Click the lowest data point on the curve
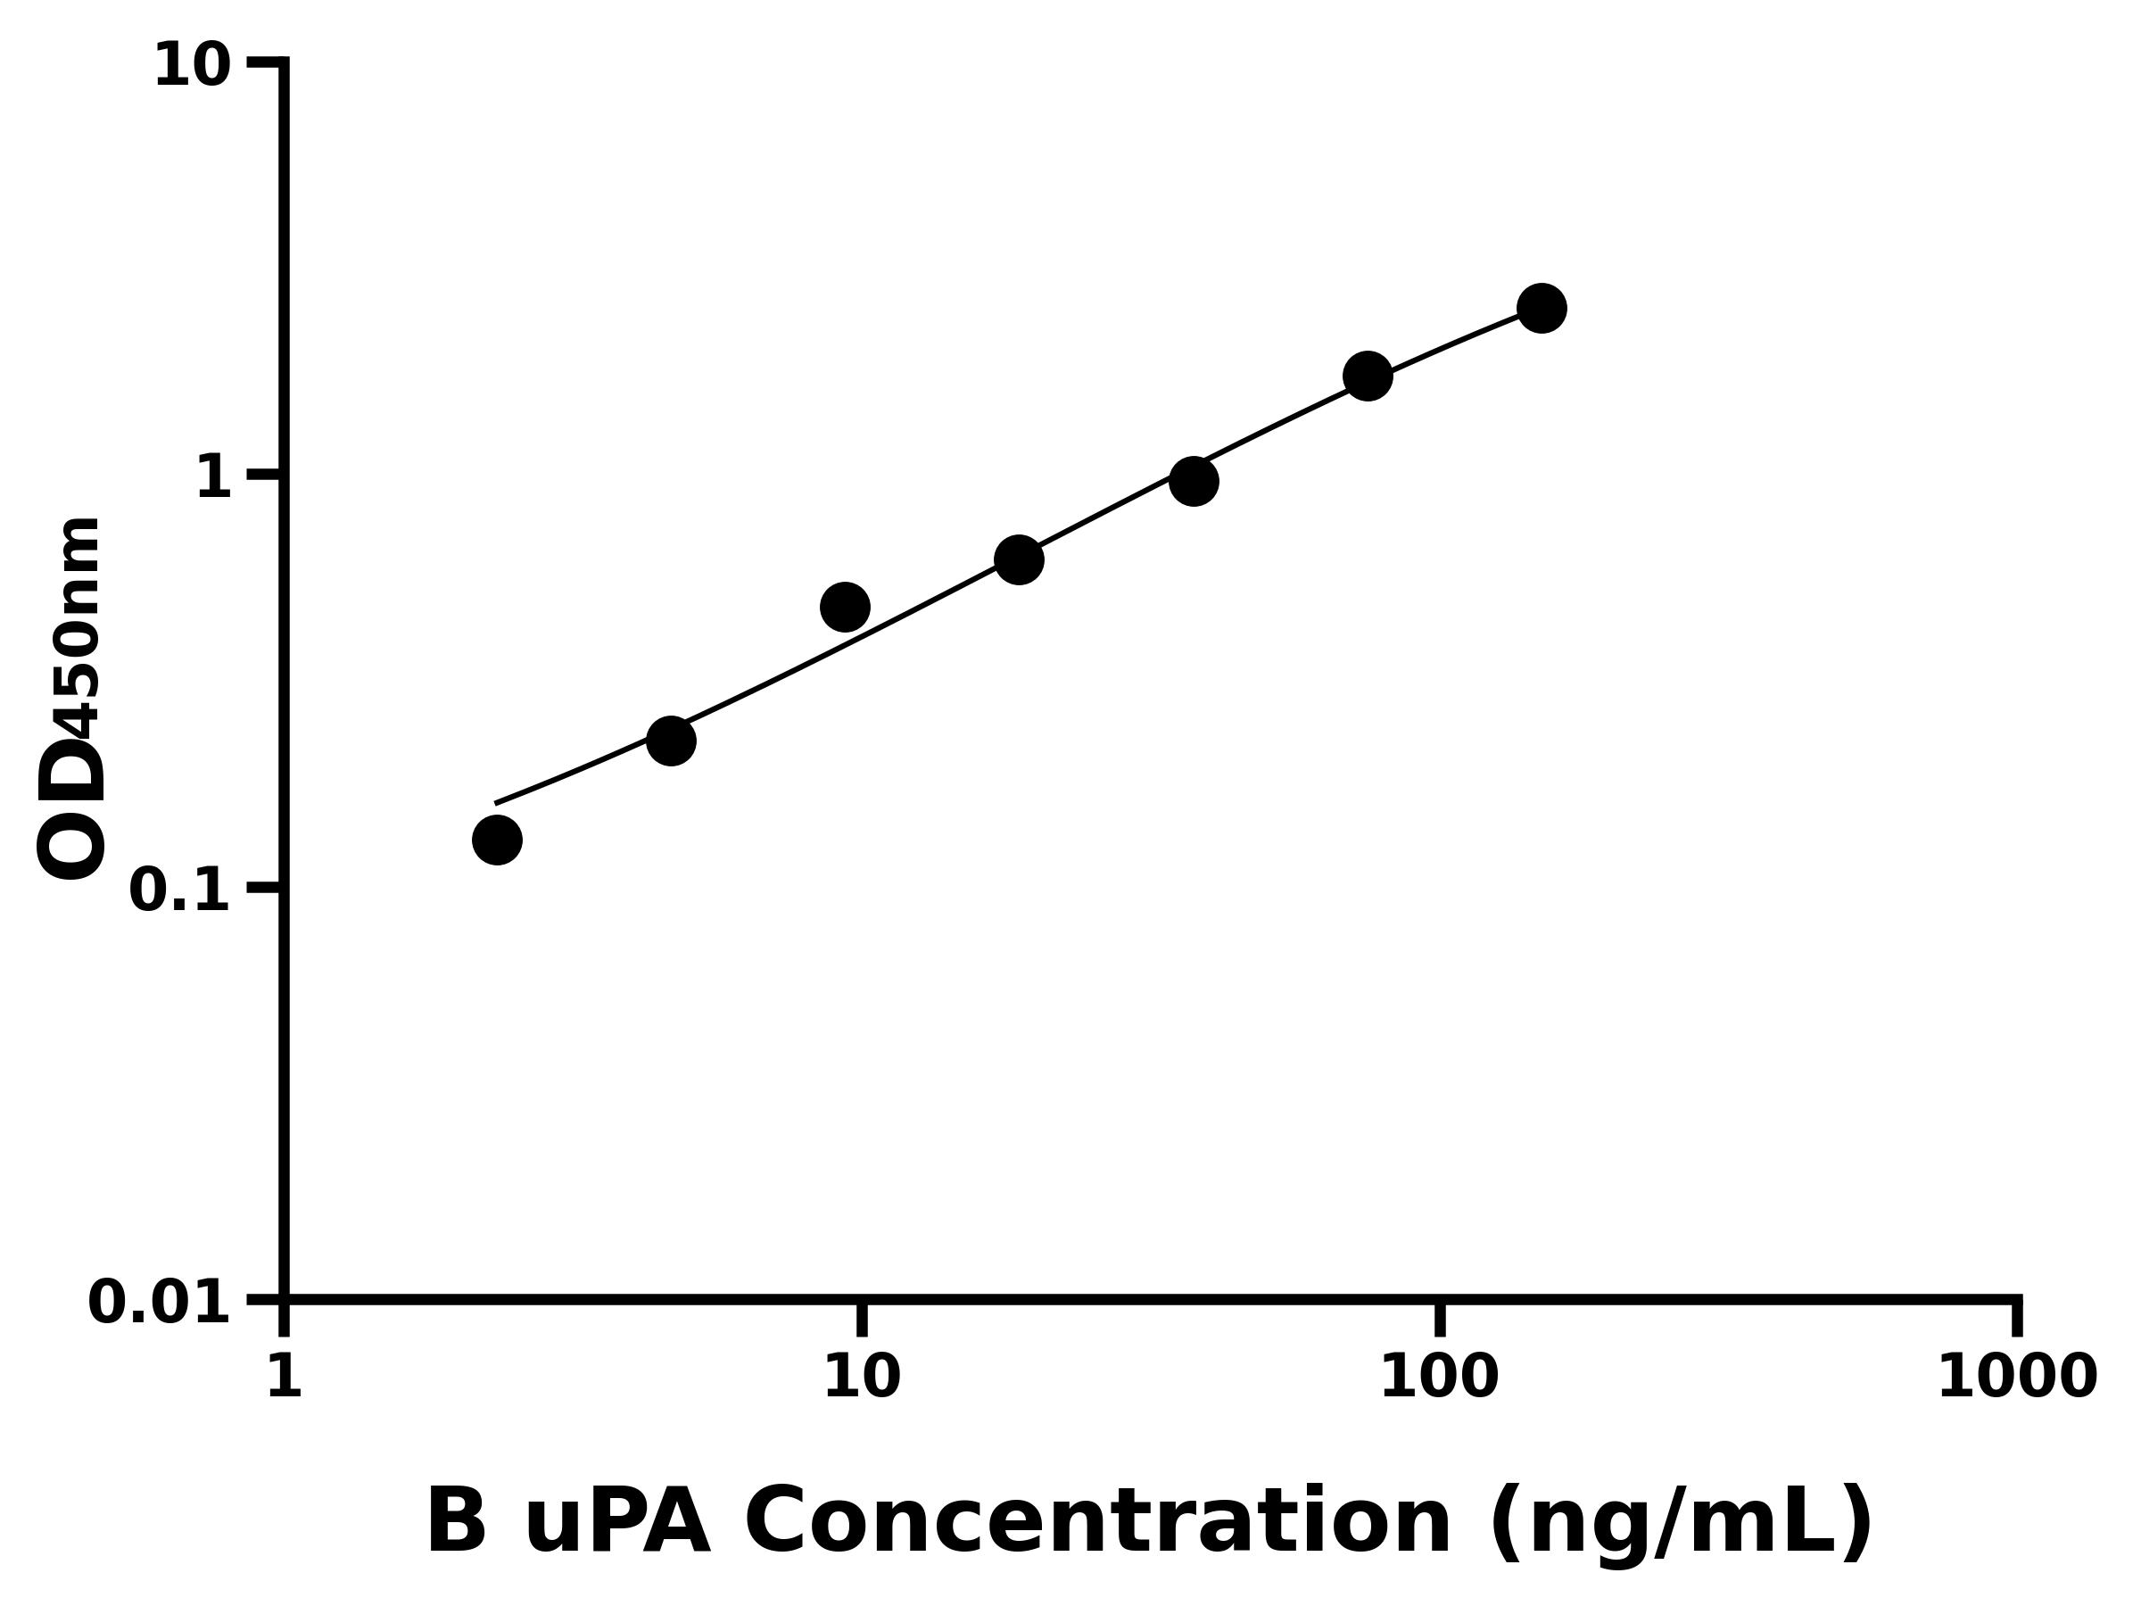click(x=497, y=840)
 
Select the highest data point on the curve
click(x=1542, y=308)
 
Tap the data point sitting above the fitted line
click(x=845, y=607)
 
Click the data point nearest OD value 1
click(x=1194, y=481)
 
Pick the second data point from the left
click(x=671, y=741)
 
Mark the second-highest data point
click(x=1368, y=376)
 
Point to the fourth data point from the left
click(x=1019, y=559)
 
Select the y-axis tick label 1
click(x=214, y=479)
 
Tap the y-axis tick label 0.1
click(x=180, y=890)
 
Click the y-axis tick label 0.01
click(x=160, y=1303)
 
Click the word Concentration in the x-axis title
click(x=1097, y=1523)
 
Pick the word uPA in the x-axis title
click(x=617, y=1523)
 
